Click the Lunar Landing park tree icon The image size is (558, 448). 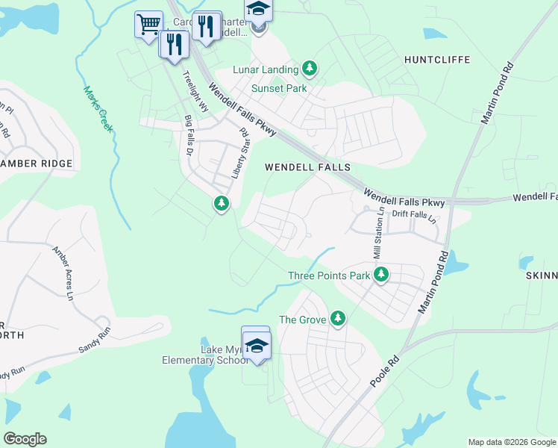(x=310, y=69)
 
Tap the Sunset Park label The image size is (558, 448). (x=279, y=88)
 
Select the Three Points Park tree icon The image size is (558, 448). (x=381, y=275)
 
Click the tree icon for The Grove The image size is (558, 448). (x=338, y=319)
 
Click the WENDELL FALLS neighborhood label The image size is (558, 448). (x=308, y=168)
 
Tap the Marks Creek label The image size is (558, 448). (x=98, y=110)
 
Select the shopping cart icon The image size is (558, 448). (x=148, y=24)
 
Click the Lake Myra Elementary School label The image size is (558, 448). (x=204, y=355)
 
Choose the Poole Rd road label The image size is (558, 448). (x=385, y=372)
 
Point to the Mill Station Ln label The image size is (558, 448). (x=377, y=233)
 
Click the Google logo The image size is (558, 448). (x=25, y=439)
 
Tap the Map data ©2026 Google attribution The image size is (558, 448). (x=512, y=442)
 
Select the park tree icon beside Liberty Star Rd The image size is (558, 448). (x=221, y=202)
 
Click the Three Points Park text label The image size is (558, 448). (x=329, y=276)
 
